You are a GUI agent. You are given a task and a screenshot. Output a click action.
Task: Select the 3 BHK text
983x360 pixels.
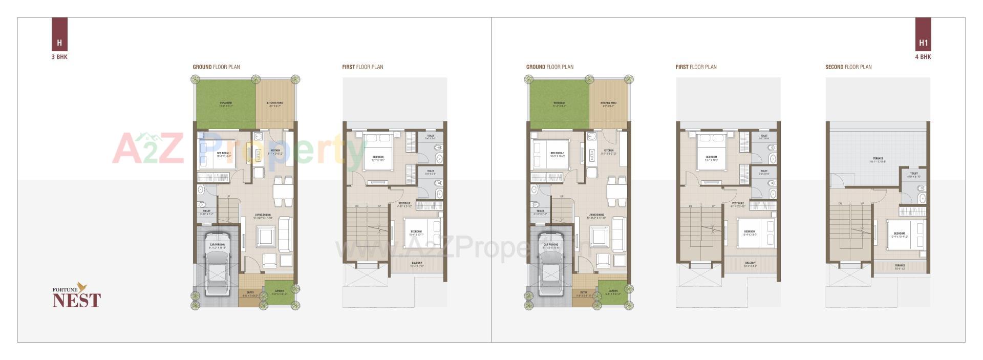tap(59, 57)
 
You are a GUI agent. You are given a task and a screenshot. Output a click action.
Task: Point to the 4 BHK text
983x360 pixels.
tap(923, 57)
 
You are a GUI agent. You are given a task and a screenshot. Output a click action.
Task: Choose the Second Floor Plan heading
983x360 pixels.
tap(848, 67)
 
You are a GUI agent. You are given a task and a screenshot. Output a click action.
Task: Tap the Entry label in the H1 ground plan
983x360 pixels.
tap(584, 294)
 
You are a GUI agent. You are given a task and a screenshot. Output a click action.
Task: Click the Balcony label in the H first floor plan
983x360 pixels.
tap(417, 265)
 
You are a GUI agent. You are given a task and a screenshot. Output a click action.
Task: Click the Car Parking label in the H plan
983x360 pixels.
tap(217, 246)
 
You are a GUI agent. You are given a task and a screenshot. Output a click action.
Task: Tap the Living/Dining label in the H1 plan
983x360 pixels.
tap(596, 216)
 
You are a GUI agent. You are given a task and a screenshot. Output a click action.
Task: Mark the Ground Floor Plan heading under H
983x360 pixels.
tap(216, 67)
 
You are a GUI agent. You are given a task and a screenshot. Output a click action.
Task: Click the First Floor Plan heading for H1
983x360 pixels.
tap(696, 67)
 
